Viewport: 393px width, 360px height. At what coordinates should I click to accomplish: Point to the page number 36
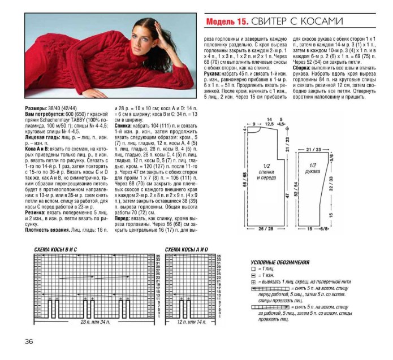click(29, 341)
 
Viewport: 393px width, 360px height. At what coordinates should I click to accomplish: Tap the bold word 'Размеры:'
click(38, 107)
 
